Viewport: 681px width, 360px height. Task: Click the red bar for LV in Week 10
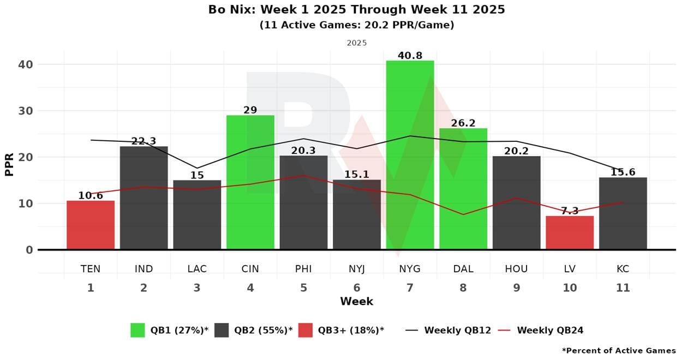570,233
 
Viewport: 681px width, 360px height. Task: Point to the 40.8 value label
410,55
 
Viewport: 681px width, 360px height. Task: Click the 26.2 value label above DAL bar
463,123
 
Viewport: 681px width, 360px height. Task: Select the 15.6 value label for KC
623,172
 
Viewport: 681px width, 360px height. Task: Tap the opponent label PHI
303,269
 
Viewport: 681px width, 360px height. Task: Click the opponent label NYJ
357,269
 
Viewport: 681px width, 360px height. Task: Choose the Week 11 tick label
623,288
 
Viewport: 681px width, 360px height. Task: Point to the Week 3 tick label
197,288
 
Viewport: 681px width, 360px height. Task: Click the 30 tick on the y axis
25,111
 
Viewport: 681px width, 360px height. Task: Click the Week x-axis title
356,302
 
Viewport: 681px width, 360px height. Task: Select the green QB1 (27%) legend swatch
138,330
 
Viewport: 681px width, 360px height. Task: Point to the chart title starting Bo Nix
356,9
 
